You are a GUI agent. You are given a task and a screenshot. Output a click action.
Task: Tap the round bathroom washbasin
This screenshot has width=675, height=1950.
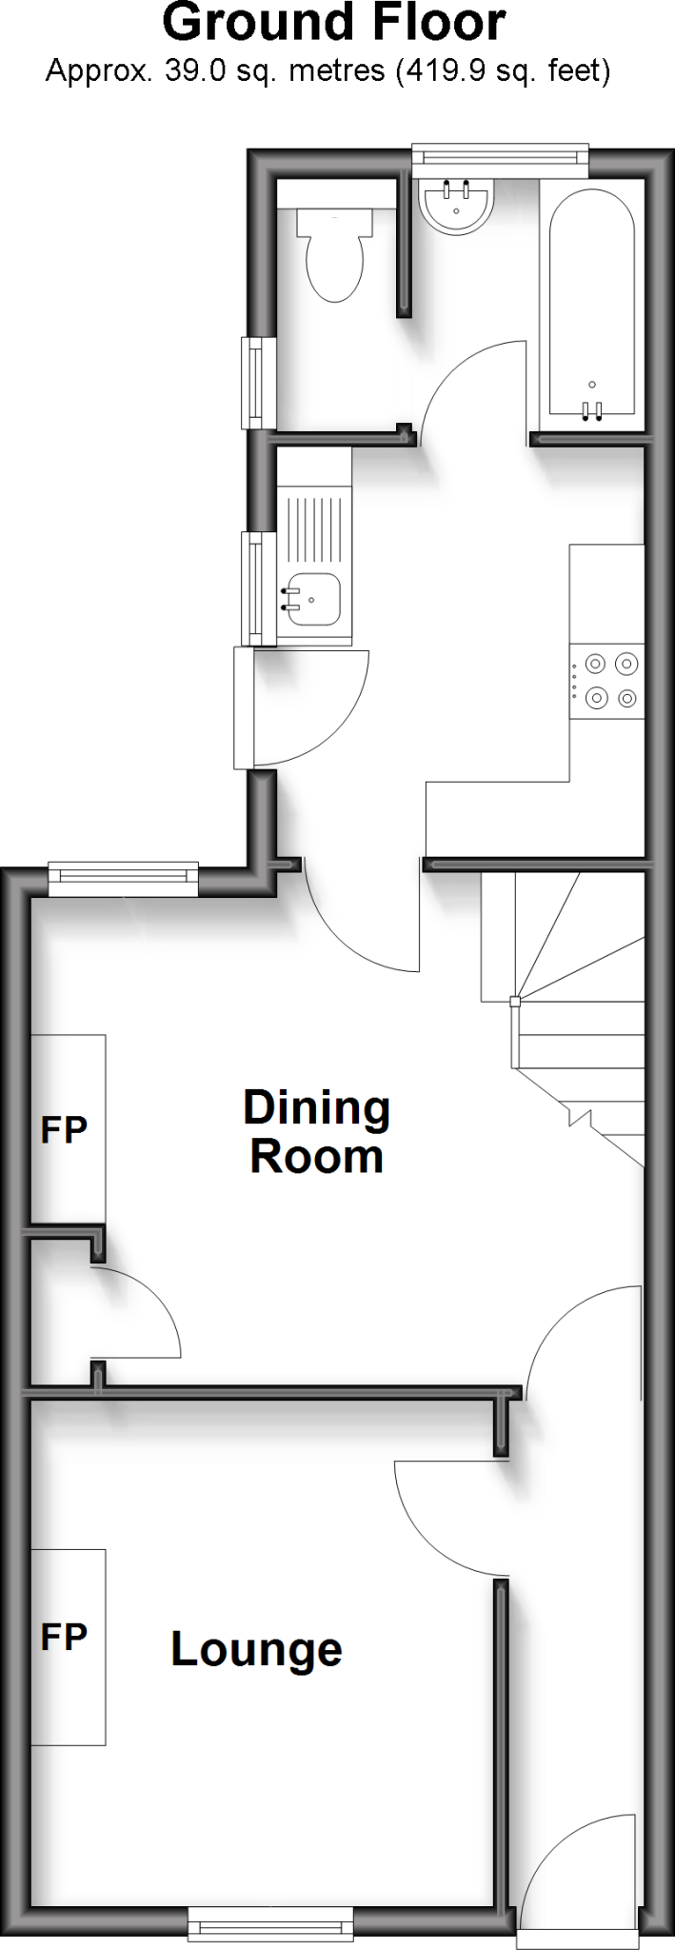tap(456, 206)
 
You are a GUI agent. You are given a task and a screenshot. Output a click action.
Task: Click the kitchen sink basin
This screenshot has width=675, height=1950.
tap(313, 599)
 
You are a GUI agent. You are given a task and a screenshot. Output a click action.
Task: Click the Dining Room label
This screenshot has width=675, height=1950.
tap(317, 1132)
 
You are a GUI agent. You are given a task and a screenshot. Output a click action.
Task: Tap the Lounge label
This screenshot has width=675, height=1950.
tap(256, 1649)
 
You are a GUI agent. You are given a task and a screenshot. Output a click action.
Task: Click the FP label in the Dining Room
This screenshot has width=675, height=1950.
tap(64, 1129)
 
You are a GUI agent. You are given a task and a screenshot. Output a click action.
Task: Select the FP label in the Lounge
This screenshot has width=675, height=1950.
tap(64, 1637)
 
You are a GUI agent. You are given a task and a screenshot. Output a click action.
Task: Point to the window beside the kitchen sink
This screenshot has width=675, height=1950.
tap(254, 587)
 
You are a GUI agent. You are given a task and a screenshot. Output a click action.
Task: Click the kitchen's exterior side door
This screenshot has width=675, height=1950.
tap(244, 706)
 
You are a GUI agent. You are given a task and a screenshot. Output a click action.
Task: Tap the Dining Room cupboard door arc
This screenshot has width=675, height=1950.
tap(143, 1309)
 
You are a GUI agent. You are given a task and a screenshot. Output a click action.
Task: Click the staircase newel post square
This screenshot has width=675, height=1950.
tap(515, 1001)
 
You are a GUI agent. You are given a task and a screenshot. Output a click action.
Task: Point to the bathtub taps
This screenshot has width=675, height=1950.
tap(591, 411)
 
